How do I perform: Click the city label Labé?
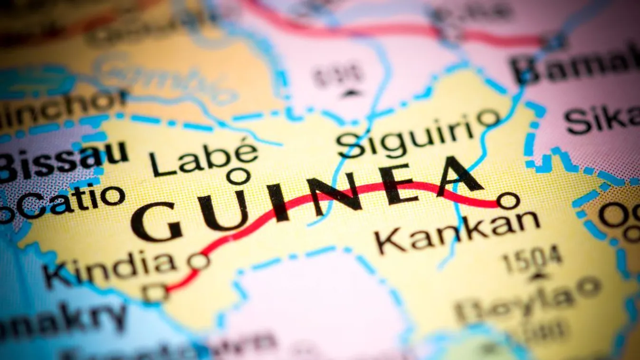(x=204, y=157)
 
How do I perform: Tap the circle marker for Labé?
(x=238, y=176)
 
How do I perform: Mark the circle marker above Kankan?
(x=508, y=200)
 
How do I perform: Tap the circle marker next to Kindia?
(x=198, y=261)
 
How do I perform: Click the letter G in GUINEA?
(x=157, y=221)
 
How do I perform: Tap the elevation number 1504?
(x=532, y=259)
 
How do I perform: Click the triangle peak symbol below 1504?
(x=537, y=275)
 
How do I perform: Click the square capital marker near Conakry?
(x=155, y=293)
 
